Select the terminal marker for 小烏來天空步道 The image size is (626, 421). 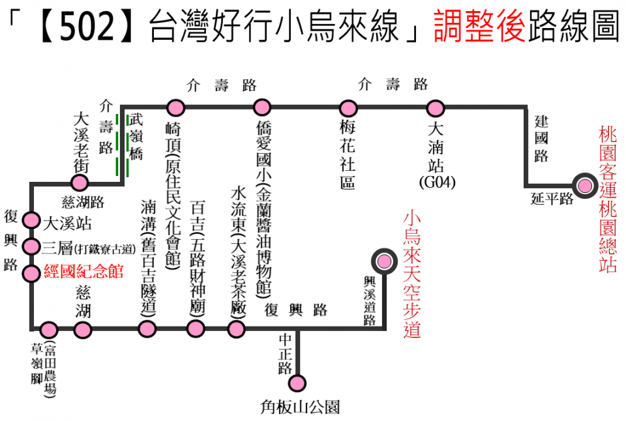(x=384, y=261)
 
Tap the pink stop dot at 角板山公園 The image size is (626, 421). (x=297, y=382)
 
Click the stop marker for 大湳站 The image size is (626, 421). (x=435, y=108)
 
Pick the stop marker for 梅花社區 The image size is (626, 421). (x=348, y=108)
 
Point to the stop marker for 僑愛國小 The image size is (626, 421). (x=262, y=108)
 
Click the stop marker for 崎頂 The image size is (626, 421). (x=175, y=108)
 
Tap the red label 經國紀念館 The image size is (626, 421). (x=83, y=272)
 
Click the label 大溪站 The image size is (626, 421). (x=67, y=223)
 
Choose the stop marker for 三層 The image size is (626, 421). (x=31, y=246)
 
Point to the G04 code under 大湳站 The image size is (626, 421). (x=437, y=182)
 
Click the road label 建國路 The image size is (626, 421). (x=541, y=138)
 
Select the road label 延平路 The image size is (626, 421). (x=552, y=199)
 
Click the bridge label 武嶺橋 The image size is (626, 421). (x=136, y=137)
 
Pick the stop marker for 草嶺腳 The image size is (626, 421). (x=49, y=330)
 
